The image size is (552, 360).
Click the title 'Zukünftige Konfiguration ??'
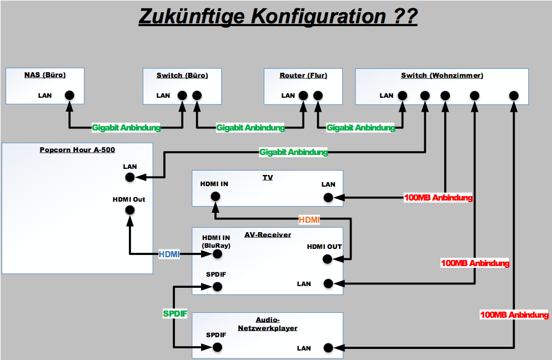pyautogui.click(x=278, y=17)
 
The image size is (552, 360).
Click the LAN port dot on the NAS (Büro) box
pyautogui.click(x=69, y=95)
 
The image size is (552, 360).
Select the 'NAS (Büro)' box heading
pyautogui.click(x=45, y=75)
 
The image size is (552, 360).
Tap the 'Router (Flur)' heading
pyautogui.click(x=303, y=75)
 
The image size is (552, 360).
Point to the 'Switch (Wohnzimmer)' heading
pyautogui.click(x=442, y=75)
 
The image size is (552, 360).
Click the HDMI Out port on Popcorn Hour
pyautogui.click(x=130, y=210)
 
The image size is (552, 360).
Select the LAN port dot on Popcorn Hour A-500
pyautogui.click(x=130, y=177)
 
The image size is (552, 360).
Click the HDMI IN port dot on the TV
pyautogui.click(x=215, y=196)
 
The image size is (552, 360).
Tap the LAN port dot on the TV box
pyautogui.click(x=328, y=197)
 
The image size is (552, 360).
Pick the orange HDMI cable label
pyautogui.click(x=309, y=220)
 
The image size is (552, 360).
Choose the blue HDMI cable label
pyautogui.click(x=169, y=254)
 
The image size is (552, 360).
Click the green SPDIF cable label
pyautogui.click(x=175, y=314)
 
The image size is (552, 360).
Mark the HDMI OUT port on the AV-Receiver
pyautogui.click(x=328, y=258)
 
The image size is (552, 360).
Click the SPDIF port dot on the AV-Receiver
pyautogui.click(x=217, y=287)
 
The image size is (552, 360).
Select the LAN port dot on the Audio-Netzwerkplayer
pyautogui.click(x=328, y=348)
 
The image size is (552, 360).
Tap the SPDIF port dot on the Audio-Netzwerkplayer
pyautogui.click(x=217, y=348)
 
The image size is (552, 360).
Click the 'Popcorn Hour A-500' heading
pyautogui.click(x=77, y=150)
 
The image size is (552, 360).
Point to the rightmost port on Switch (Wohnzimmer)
pyautogui.click(x=514, y=95)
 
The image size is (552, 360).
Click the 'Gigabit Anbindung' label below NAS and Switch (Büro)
pyautogui.click(x=126, y=128)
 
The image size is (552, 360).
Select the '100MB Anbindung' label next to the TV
pyautogui.click(x=438, y=197)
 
